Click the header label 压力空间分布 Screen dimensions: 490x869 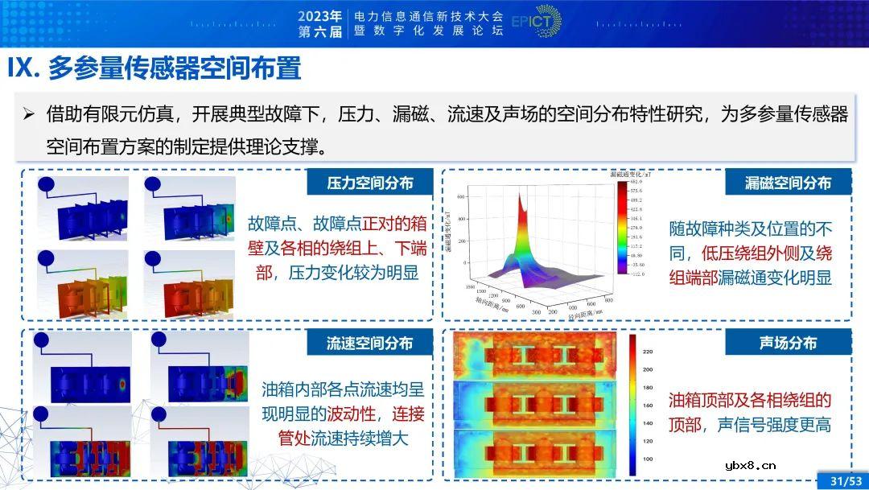click(x=369, y=183)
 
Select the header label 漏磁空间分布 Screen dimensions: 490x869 click(x=788, y=183)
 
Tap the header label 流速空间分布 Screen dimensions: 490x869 click(x=369, y=344)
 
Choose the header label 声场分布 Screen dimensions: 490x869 click(x=788, y=344)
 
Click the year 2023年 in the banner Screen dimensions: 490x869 click(x=319, y=15)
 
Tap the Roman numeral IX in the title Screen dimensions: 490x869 click(x=22, y=68)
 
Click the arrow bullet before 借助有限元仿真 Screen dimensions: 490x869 click(x=29, y=115)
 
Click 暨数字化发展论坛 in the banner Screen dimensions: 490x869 click(x=430, y=31)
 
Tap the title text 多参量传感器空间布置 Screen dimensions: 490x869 click(x=174, y=68)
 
